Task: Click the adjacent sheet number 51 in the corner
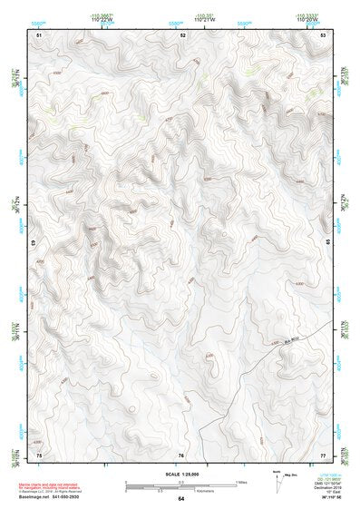38,34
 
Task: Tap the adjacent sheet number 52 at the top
182,34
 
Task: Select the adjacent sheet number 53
323,34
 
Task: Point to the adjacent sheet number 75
38,454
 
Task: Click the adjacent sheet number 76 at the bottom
181,454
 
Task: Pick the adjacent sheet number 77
323,454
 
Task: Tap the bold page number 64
181,499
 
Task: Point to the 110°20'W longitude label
306,17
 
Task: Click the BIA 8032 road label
287,340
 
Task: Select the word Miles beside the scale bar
241,482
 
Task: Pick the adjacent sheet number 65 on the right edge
327,243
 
